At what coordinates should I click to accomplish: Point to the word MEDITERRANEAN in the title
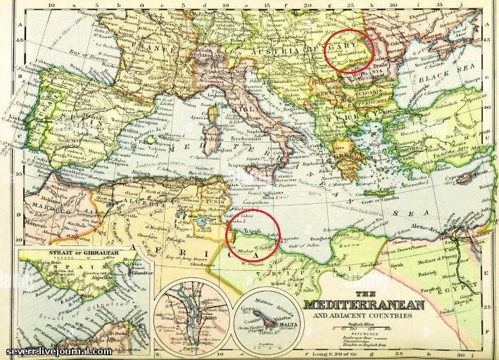[364, 304]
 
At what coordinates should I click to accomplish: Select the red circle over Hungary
[348, 50]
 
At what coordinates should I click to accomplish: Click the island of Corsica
[211, 112]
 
